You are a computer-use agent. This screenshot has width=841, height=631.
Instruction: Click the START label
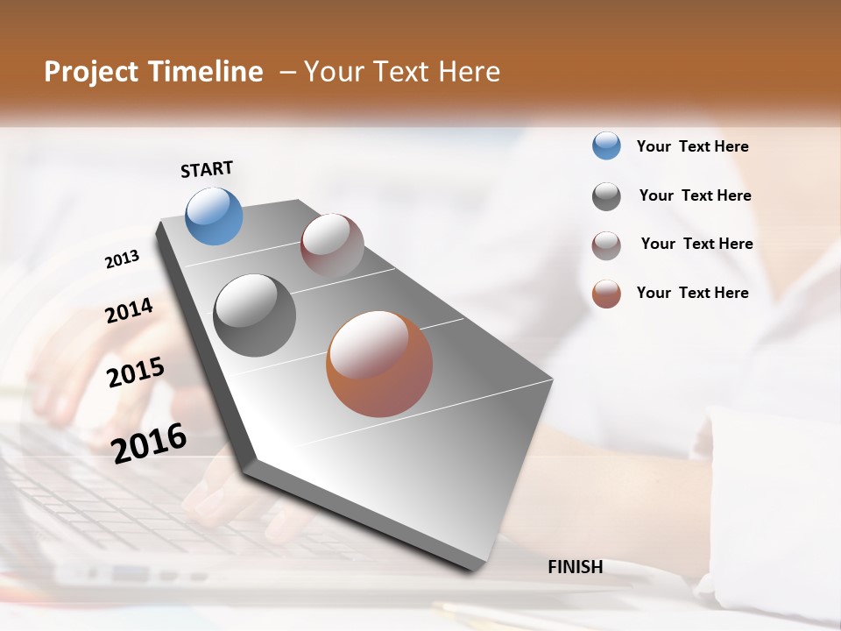pos(207,169)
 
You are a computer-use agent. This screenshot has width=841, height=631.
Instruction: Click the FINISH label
pos(575,567)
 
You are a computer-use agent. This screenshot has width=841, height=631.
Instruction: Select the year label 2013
pos(122,259)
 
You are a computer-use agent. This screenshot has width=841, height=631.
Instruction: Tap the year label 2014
pos(129,311)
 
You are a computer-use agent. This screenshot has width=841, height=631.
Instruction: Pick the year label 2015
pos(135,372)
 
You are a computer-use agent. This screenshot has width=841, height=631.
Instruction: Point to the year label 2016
pos(149,443)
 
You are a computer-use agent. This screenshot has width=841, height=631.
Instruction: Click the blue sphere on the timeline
pos(215,216)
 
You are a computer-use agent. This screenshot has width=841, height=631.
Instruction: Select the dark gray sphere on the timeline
pos(254,315)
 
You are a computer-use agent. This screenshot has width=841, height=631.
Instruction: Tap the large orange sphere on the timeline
pos(379,364)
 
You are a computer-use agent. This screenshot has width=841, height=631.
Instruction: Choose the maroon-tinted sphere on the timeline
pos(332,245)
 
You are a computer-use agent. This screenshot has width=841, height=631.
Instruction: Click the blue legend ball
pos(606,146)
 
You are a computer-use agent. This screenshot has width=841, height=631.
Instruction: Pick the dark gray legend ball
pos(606,196)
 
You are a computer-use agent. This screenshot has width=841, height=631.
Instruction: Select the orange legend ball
pos(606,294)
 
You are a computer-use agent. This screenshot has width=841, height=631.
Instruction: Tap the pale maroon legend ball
pos(606,245)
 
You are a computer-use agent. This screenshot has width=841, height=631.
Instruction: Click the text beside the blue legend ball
pos(692,147)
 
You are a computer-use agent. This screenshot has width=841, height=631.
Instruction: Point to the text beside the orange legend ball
pos(692,293)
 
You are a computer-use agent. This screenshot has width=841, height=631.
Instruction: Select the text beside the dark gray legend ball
pos(695,195)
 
